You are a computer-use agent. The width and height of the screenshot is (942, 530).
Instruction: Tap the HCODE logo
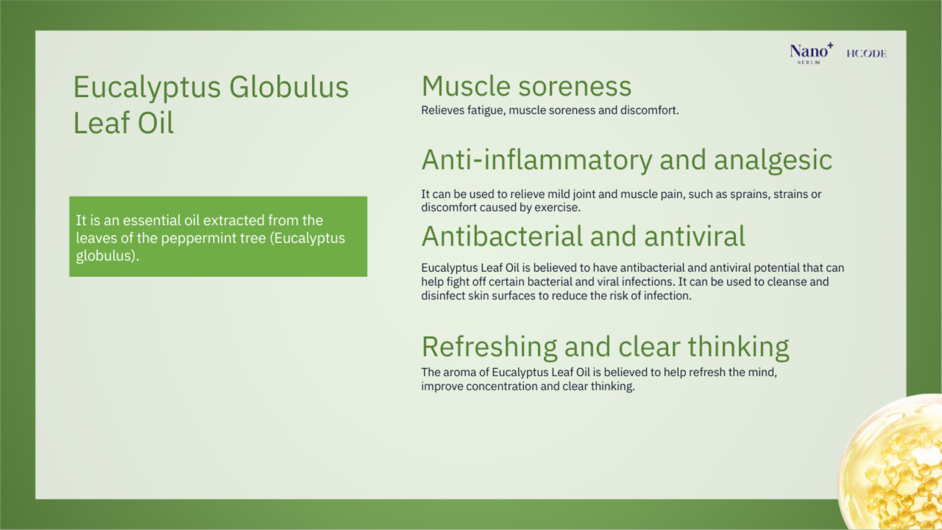click(x=866, y=54)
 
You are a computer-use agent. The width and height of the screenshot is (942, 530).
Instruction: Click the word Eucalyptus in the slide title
click(x=147, y=88)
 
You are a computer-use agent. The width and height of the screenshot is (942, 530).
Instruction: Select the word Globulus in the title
click(x=289, y=87)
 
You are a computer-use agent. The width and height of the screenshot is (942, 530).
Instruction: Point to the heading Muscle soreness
click(x=526, y=86)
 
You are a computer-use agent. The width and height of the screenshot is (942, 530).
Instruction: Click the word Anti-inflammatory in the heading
click(x=536, y=160)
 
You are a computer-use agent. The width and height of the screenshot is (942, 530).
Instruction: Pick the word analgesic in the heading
click(x=773, y=161)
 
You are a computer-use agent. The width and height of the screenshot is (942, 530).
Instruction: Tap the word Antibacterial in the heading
click(x=502, y=236)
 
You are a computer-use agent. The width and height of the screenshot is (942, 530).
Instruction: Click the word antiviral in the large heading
click(x=694, y=236)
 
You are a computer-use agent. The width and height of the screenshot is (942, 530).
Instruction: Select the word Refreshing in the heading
click(x=489, y=347)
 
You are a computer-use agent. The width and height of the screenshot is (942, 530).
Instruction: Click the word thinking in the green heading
click(x=738, y=347)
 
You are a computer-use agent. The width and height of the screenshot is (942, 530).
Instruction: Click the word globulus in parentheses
click(x=105, y=256)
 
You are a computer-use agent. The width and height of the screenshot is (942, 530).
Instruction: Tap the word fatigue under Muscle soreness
click(x=486, y=111)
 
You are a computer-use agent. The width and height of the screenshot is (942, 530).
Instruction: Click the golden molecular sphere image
click(x=891, y=463)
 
